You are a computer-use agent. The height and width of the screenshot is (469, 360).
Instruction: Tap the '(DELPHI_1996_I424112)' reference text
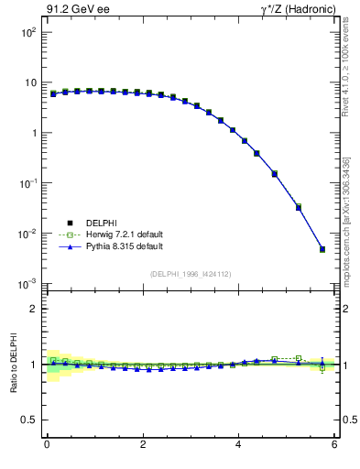pos(191,273)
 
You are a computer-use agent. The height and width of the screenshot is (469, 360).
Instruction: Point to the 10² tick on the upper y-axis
pos(28,32)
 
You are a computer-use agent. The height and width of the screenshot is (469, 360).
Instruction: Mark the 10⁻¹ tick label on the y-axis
pos(28,183)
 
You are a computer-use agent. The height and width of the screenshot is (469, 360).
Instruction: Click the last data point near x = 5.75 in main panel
pos(322,249)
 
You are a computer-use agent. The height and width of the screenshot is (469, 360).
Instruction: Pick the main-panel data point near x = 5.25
pos(299,207)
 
